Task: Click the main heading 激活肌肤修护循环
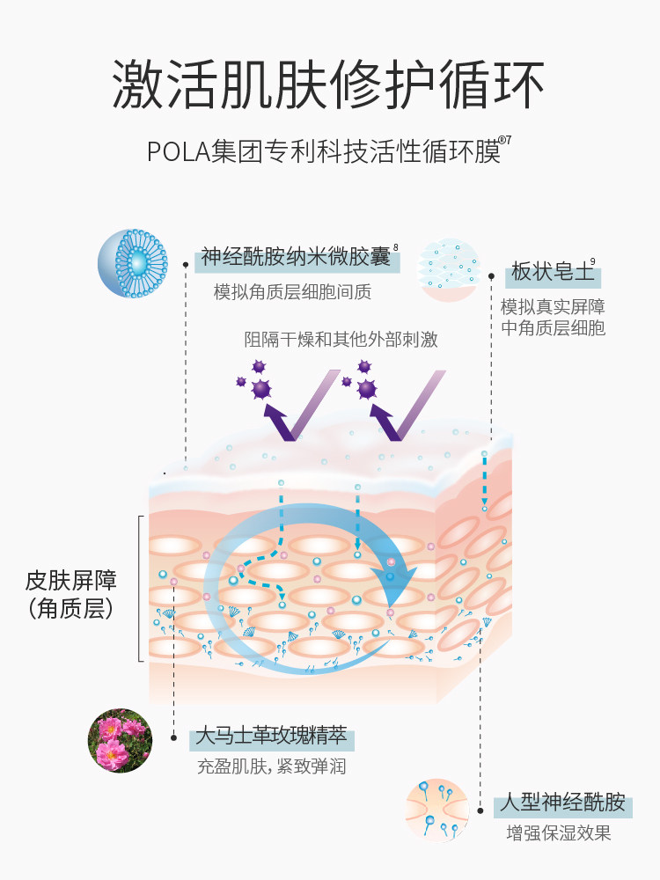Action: [x=329, y=84]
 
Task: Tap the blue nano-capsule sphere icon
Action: [x=132, y=263]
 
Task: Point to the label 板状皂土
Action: [x=553, y=273]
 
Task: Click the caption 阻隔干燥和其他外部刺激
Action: [x=341, y=339]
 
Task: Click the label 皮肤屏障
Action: [x=71, y=581]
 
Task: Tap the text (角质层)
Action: [x=71, y=608]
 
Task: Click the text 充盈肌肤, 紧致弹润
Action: [x=271, y=766]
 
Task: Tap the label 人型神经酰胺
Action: [x=562, y=803]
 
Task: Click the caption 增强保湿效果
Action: [x=558, y=833]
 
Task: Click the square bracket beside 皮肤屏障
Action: [x=140, y=589]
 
